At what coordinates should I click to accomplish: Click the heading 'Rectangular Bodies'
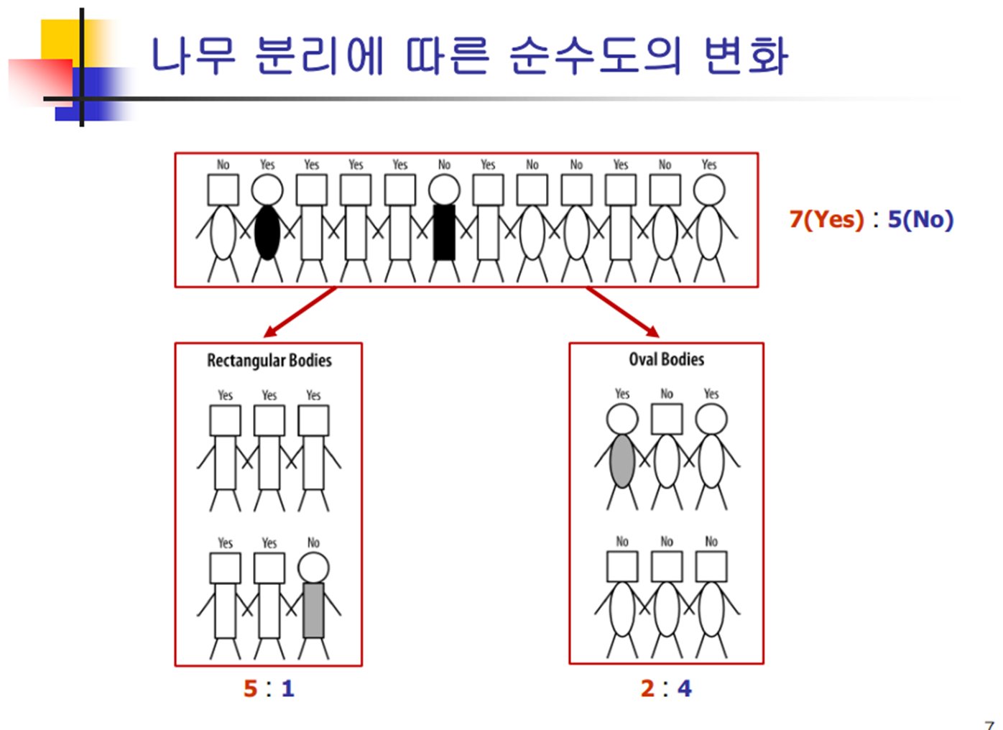click(269, 360)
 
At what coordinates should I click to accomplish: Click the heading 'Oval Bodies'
click(666, 359)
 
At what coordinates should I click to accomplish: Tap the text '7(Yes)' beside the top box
click(826, 218)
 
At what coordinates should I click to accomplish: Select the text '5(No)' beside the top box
click(920, 218)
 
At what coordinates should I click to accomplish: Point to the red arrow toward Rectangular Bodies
click(300, 313)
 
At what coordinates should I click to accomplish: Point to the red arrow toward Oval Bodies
click(623, 313)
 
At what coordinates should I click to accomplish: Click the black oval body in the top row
click(267, 233)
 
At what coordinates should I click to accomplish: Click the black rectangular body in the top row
click(444, 233)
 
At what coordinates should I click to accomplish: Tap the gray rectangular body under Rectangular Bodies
click(313, 610)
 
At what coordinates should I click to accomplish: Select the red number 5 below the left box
click(250, 688)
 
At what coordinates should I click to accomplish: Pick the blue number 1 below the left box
click(287, 688)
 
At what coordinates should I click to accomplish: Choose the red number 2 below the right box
click(647, 688)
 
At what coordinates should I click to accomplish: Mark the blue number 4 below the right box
click(685, 688)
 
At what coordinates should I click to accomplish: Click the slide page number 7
click(989, 724)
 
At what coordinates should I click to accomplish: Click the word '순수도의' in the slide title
click(595, 55)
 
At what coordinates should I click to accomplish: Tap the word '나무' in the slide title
click(193, 55)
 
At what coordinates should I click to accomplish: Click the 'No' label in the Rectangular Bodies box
click(313, 542)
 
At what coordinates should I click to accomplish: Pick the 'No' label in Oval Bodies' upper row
click(667, 394)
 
